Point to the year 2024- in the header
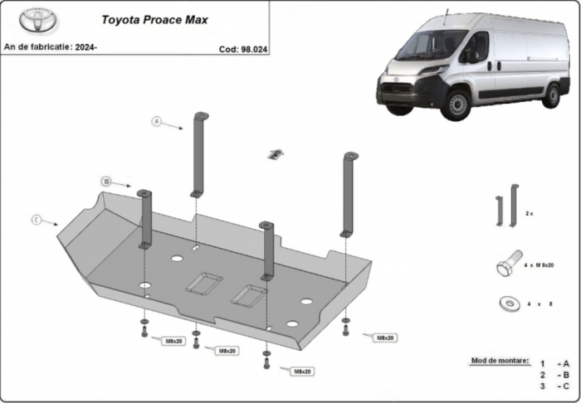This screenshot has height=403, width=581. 85,47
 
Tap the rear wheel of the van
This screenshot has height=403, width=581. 552,95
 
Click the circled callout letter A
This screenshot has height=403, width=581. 155,122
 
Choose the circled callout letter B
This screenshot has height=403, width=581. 106,181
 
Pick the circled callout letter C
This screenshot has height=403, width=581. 37,220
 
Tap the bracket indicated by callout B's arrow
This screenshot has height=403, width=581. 146,218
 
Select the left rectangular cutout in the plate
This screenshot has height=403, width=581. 203,284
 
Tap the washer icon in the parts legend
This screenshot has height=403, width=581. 507,303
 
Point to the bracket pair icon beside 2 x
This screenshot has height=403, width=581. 506,206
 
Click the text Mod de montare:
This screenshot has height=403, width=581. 500,362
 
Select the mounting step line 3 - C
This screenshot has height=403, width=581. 554,386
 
